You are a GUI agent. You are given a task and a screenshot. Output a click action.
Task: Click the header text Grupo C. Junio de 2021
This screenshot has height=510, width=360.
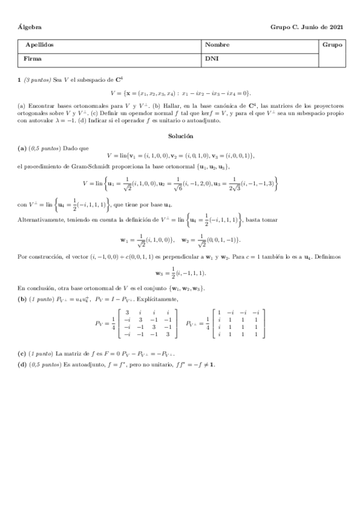coord(307,28)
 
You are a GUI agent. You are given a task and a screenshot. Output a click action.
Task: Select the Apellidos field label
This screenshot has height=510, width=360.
coord(40,45)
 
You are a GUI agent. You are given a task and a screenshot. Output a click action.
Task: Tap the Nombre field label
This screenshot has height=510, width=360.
coord(216,45)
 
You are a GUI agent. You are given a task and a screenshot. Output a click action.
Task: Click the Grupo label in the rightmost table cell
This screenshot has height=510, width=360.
coord(332,45)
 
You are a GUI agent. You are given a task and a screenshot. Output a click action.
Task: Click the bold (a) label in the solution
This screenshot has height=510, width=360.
coord(22,147)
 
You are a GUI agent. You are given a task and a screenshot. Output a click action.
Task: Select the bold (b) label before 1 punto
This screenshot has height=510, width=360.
coord(22,299)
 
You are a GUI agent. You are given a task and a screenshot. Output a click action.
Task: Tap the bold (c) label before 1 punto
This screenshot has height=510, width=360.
coord(22,354)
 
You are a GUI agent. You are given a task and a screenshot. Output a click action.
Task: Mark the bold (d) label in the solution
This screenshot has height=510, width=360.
coord(22,364)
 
